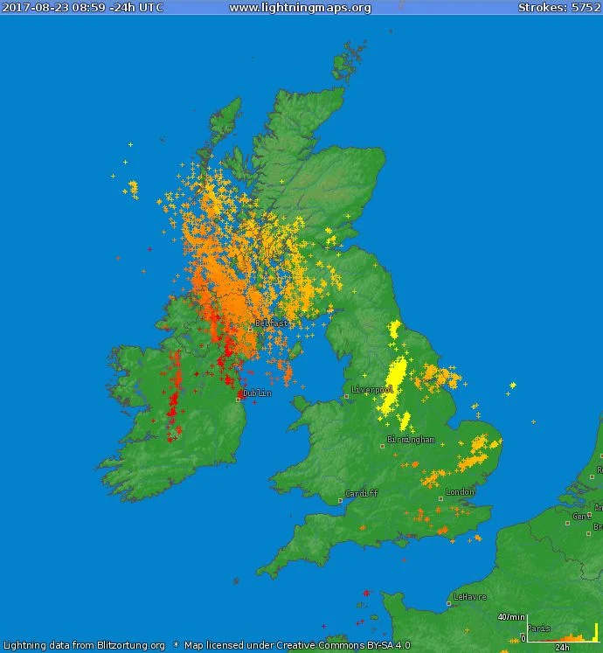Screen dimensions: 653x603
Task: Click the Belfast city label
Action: [271, 323]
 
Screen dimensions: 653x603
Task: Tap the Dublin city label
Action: [257, 393]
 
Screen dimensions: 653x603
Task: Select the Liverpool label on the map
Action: [372, 389]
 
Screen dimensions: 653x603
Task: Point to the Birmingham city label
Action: [412, 440]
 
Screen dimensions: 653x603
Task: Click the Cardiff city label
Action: [362, 493]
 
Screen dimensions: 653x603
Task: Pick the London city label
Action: [460, 492]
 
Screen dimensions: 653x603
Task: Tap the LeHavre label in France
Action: [469, 597]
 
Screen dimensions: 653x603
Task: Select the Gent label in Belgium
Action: [581, 517]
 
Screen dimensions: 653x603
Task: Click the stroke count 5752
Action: [585, 8]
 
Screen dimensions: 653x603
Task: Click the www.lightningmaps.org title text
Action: [300, 8]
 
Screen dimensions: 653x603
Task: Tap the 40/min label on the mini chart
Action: [510, 617]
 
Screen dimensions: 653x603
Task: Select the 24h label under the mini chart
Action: [562, 648]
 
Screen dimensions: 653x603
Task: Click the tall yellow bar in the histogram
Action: [596, 631]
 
